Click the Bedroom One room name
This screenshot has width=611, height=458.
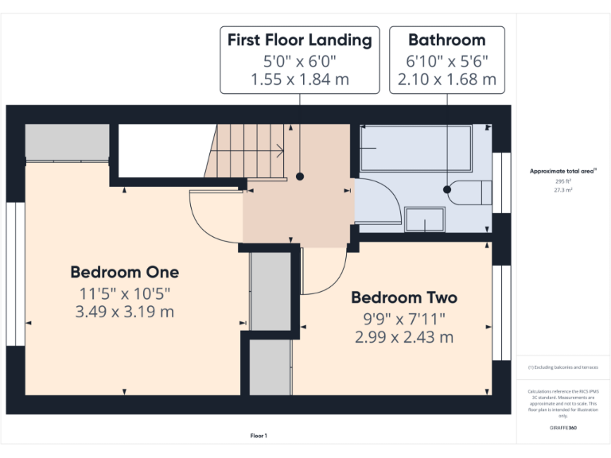[x=124, y=272]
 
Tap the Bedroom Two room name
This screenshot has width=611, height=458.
[x=404, y=297]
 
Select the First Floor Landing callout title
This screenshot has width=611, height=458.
[x=299, y=40]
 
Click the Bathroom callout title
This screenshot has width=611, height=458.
[x=446, y=40]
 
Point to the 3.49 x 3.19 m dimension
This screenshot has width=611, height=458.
[x=124, y=312]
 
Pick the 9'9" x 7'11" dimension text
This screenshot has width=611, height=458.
[x=404, y=318]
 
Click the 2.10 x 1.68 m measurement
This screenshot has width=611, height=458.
[x=446, y=79]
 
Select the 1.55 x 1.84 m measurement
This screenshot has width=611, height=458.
[x=299, y=79]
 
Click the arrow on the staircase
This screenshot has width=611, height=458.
[x=281, y=147]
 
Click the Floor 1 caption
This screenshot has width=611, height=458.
[x=259, y=436]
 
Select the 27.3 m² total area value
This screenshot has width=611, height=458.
[x=563, y=190]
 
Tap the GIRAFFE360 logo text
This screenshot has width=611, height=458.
[x=563, y=428]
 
